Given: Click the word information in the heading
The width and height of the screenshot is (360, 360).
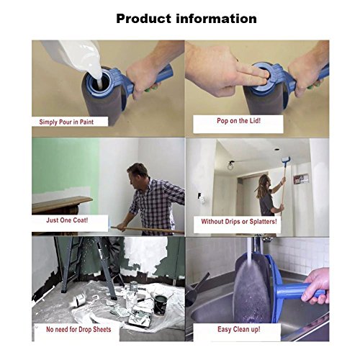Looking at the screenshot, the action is [217, 19].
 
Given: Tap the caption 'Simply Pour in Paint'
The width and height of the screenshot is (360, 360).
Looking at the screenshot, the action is [66, 122].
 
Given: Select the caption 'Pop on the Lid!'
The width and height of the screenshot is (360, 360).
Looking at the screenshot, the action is [238, 120].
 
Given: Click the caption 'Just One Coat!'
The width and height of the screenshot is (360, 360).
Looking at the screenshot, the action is [67, 220].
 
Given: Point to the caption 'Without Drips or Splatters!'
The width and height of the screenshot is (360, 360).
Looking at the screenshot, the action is [239, 221].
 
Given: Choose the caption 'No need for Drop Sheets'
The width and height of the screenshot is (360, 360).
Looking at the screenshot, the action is [78, 329].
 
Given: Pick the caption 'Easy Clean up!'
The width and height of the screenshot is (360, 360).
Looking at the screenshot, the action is [239, 329].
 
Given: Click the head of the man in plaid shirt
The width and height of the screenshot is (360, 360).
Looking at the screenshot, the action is [138, 174].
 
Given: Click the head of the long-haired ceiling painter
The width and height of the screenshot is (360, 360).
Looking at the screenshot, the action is [264, 180].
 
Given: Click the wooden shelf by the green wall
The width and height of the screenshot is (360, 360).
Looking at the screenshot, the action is [61, 204].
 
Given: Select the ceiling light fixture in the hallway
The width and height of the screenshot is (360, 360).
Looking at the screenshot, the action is [230, 166].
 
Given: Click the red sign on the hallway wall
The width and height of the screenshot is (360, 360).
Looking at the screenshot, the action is [301, 179].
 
